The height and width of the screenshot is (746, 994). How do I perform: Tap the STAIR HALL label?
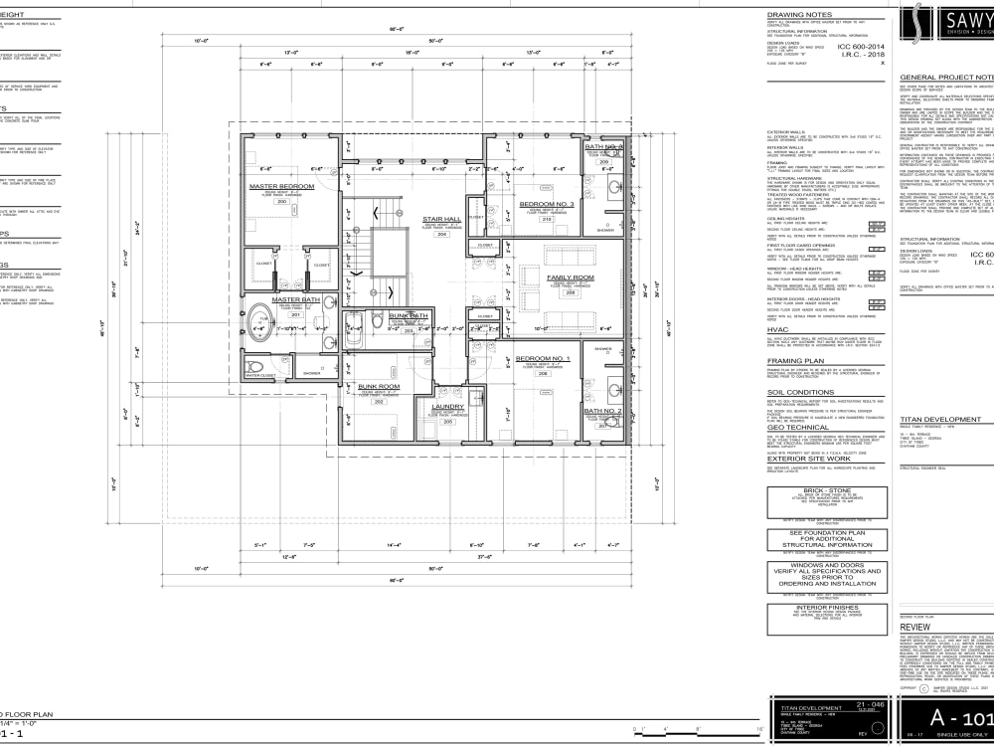click(441, 218)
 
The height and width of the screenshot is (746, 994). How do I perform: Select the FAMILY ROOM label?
click(570, 278)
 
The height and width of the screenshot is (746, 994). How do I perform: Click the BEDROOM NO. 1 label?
click(544, 357)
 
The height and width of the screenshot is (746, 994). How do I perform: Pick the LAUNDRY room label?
click(448, 406)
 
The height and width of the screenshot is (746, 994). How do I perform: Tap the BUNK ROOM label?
click(379, 386)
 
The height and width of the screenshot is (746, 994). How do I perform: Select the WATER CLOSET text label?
click(262, 376)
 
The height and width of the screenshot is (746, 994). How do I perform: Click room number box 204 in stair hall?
click(441, 235)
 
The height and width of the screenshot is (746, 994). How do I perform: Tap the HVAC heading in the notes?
click(777, 328)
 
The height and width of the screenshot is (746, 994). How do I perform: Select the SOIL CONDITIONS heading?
click(800, 392)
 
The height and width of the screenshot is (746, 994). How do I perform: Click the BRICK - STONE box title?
click(826, 490)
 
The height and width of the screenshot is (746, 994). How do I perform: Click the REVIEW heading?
click(914, 628)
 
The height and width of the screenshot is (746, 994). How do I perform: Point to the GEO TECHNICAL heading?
click(798, 427)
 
